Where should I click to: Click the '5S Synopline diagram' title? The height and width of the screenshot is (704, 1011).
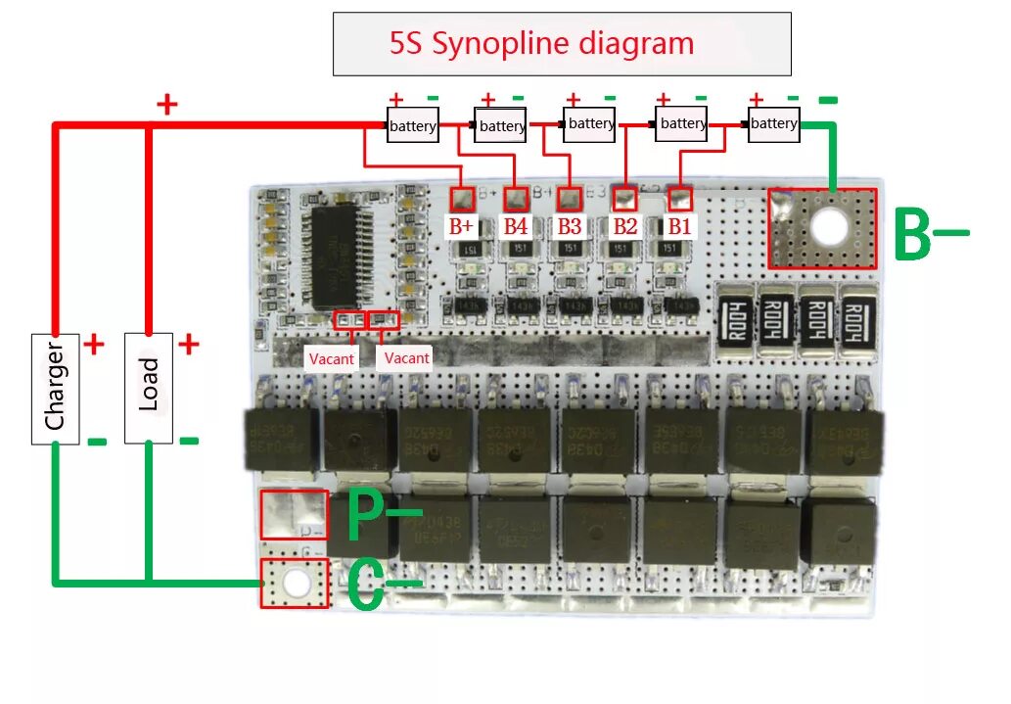[541, 44]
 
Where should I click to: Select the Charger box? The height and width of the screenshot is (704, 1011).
[55, 388]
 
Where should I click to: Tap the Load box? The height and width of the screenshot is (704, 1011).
[149, 388]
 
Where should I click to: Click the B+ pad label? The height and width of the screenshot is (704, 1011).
[461, 226]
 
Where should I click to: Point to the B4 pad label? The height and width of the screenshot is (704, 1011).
[516, 226]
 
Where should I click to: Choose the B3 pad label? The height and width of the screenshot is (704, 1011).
[570, 226]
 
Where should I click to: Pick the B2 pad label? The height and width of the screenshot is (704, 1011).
[624, 226]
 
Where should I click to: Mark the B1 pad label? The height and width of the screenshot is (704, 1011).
[679, 226]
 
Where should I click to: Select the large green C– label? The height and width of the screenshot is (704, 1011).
[382, 586]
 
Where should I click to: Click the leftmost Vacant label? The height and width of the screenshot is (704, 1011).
[332, 358]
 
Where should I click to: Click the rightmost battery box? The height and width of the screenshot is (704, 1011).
[774, 124]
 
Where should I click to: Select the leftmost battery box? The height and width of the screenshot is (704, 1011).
[412, 126]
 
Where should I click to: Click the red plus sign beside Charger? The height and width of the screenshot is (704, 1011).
[94, 344]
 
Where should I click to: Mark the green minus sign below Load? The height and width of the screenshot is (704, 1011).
[189, 441]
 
